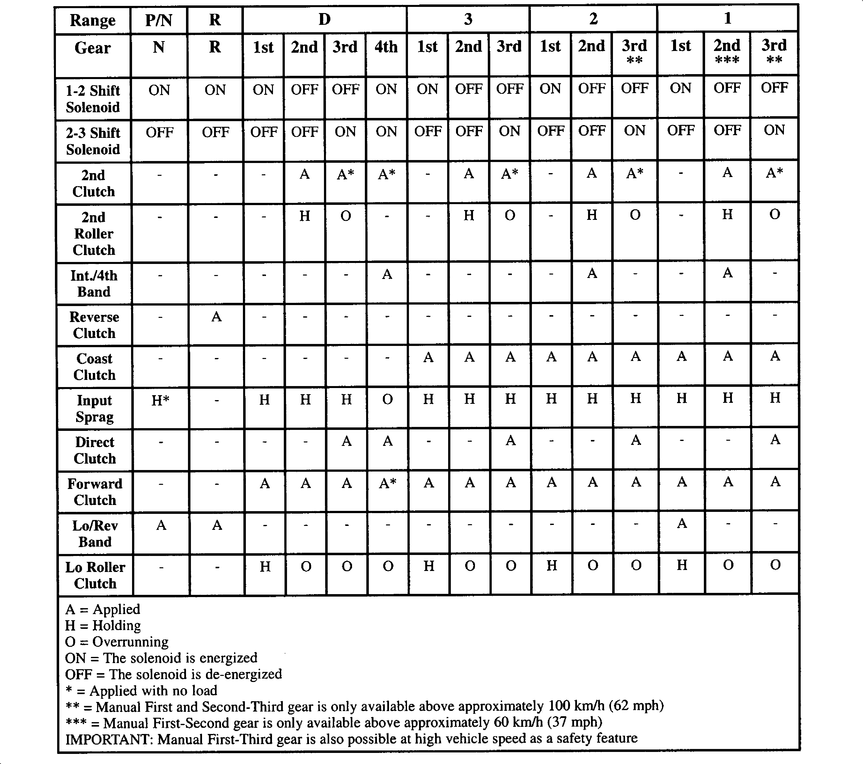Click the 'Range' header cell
92,20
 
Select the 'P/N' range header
158,20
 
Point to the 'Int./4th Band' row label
94,283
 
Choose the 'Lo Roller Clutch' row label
95,575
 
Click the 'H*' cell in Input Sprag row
160,400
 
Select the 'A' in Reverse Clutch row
216,316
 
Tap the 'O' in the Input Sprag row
387,399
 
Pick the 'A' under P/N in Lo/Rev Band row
161,525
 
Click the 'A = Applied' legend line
102,609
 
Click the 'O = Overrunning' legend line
117,642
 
